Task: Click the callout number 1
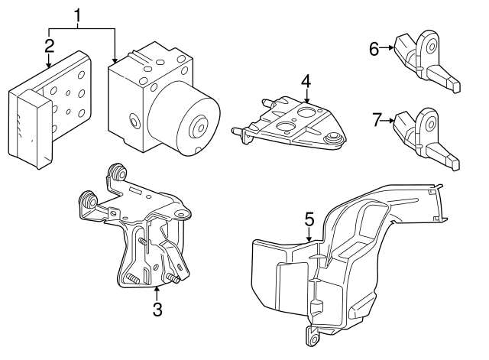(78, 14)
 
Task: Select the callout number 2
(49, 45)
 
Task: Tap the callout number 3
(157, 310)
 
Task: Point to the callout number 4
(306, 81)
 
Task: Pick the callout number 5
(309, 219)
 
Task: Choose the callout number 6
(374, 49)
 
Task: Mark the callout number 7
(374, 120)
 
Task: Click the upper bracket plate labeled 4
(290, 122)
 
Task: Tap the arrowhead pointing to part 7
(393, 120)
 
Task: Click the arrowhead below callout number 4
(306, 99)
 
